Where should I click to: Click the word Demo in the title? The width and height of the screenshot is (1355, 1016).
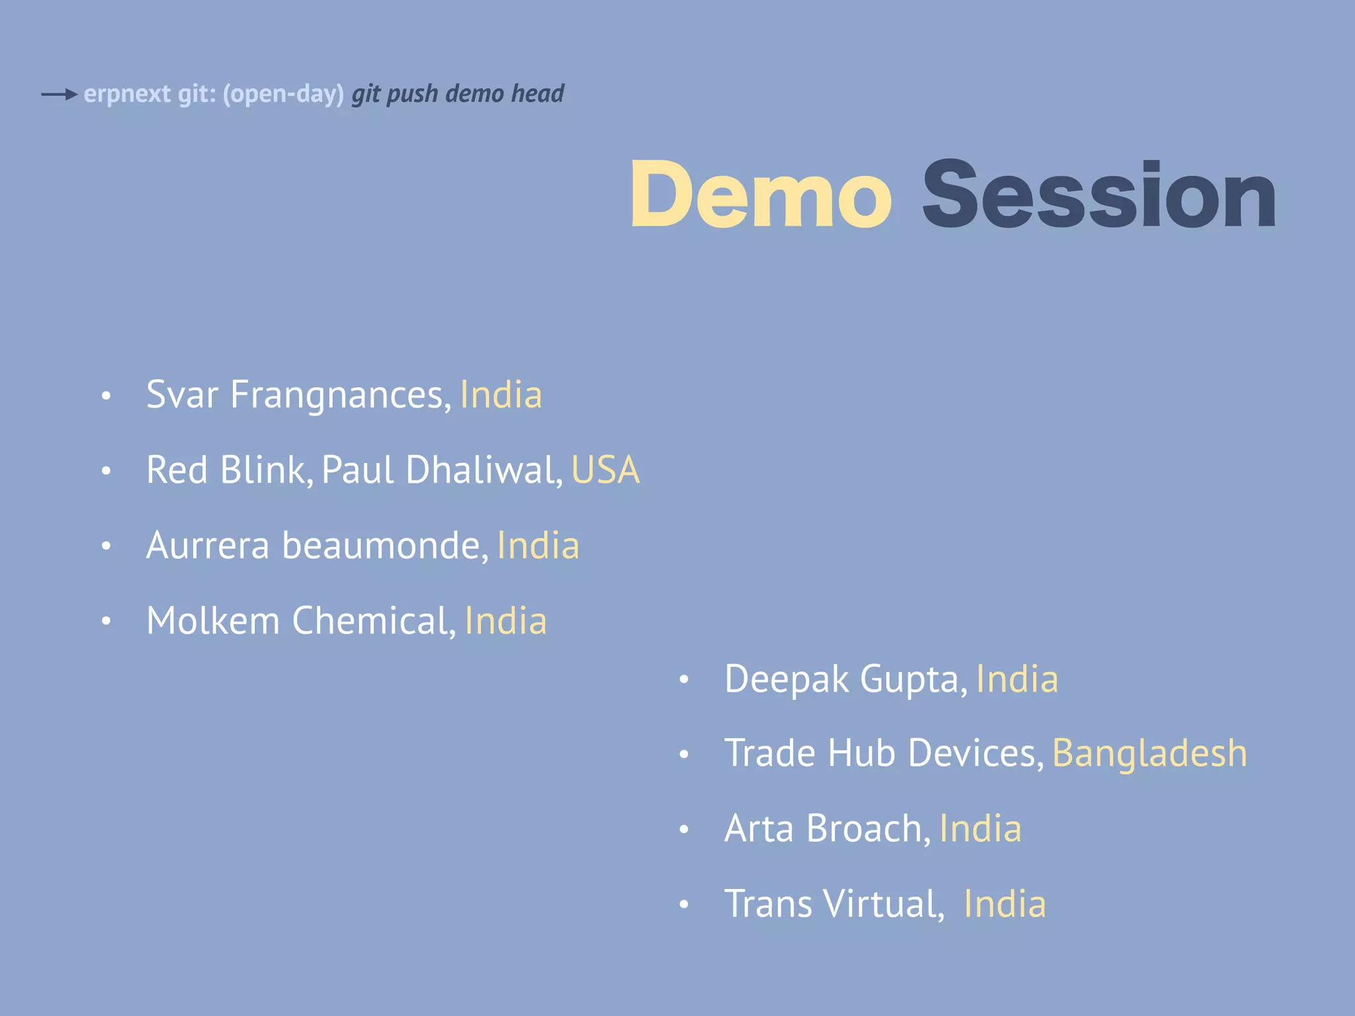pyautogui.click(x=761, y=195)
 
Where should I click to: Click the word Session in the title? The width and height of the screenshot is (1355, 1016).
pyautogui.click(x=1098, y=195)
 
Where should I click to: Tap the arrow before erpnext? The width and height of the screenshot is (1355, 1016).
pyautogui.click(x=60, y=95)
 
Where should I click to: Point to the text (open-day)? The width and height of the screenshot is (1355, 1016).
pyautogui.click(x=283, y=94)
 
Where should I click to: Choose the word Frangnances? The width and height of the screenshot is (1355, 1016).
pyautogui.click(x=341, y=395)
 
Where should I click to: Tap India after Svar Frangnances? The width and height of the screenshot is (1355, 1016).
pyautogui.click(x=501, y=395)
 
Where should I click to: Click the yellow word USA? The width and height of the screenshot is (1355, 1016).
pyautogui.click(x=605, y=470)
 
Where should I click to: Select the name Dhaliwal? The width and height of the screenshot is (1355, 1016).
pyautogui.click(x=484, y=470)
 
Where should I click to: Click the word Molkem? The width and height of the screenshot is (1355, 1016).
pyautogui.click(x=213, y=620)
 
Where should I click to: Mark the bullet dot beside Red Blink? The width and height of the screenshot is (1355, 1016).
pyautogui.click(x=106, y=471)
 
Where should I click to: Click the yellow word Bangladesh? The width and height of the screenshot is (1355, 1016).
pyautogui.click(x=1149, y=753)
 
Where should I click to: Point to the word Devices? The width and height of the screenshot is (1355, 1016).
pyautogui.click(x=976, y=753)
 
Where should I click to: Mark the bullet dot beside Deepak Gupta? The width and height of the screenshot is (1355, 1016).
pyautogui.click(x=684, y=679)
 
